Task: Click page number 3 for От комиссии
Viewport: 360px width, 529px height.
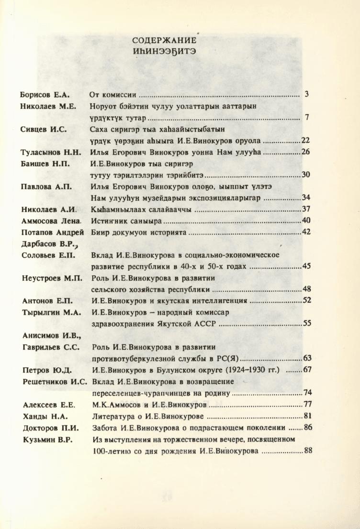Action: point(306,94)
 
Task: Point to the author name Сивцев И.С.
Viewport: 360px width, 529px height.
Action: point(44,129)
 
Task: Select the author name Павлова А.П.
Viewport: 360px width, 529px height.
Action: point(46,187)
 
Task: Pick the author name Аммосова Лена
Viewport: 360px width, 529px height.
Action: point(51,221)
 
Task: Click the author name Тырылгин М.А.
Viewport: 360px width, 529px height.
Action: point(49,312)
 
